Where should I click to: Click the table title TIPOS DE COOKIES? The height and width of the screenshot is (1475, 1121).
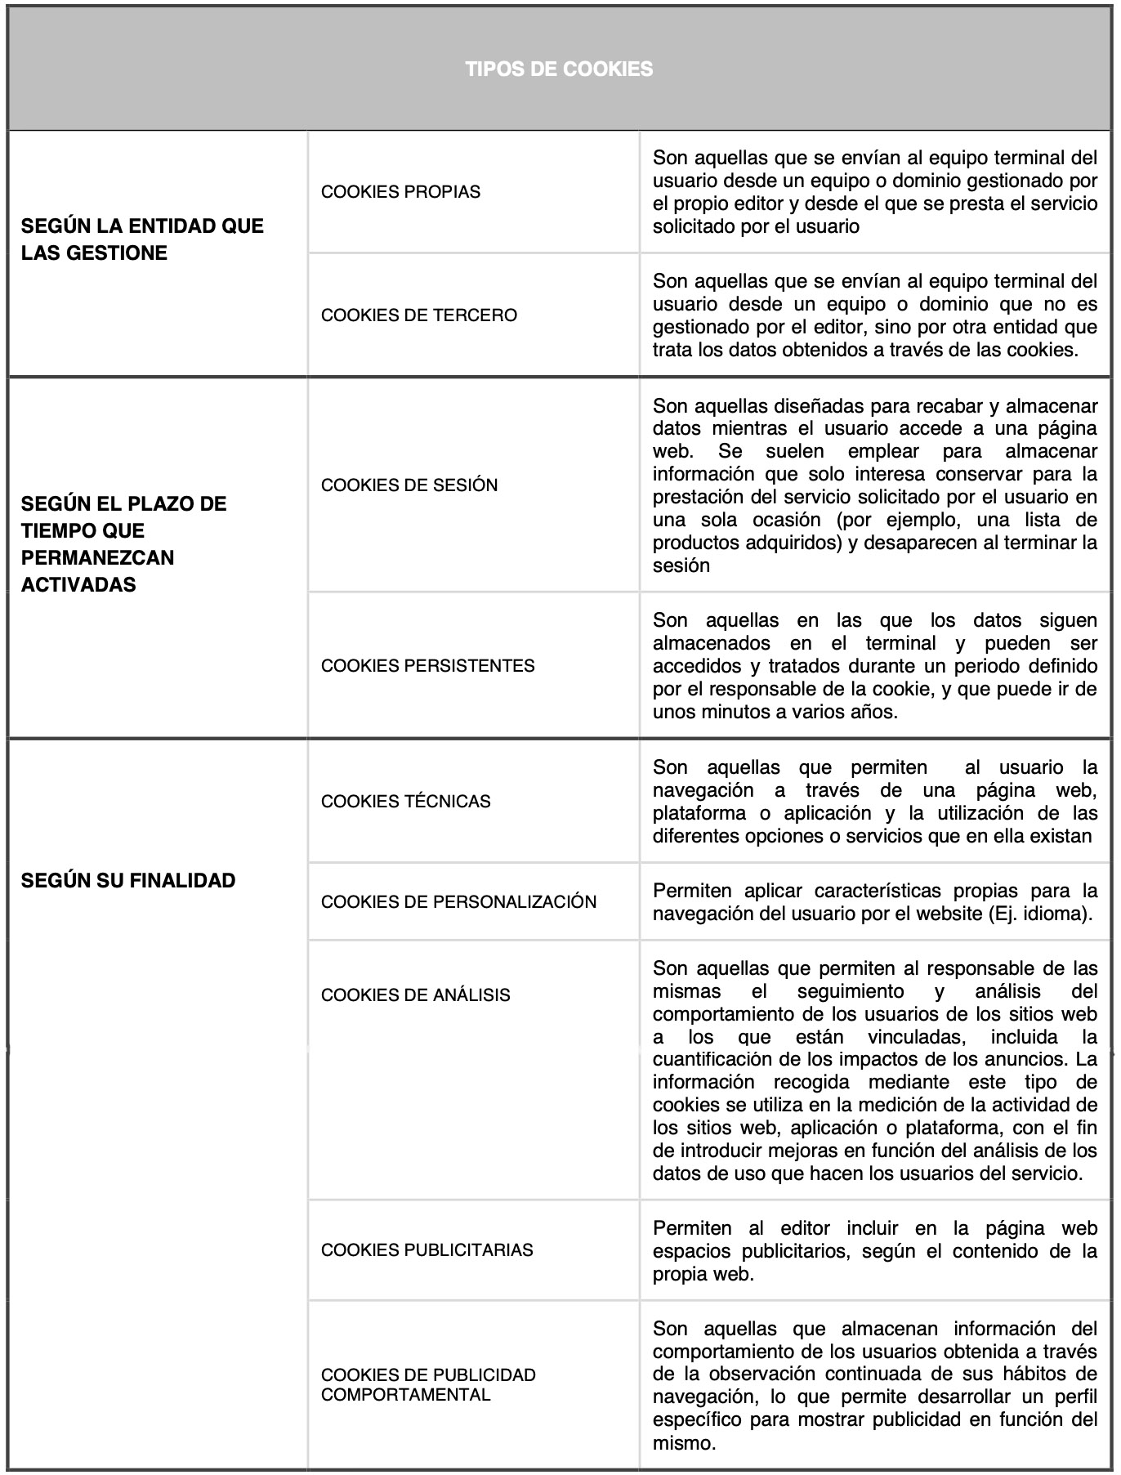pyautogui.click(x=559, y=69)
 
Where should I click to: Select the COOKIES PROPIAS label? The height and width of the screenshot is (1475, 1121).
pyautogui.click(x=400, y=192)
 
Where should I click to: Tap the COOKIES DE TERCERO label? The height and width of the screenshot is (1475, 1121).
pyautogui.click(x=418, y=315)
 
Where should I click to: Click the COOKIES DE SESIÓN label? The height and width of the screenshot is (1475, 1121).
pyautogui.click(x=409, y=485)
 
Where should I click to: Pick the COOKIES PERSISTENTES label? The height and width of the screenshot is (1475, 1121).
pyautogui.click(x=427, y=666)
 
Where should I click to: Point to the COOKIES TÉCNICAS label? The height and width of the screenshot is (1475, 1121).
pyautogui.click(x=405, y=802)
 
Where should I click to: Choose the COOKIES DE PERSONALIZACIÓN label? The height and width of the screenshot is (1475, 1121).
pyautogui.click(x=458, y=902)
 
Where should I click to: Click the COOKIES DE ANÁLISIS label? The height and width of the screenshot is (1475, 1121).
pyautogui.click(x=415, y=995)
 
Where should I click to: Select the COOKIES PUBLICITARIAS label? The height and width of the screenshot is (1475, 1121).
pyautogui.click(x=427, y=1250)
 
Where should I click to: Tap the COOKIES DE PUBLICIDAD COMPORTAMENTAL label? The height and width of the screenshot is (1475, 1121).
pyautogui.click(x=428, y=1385)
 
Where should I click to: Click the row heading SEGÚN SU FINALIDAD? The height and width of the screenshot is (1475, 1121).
pyautogui.click(x=128, y=881)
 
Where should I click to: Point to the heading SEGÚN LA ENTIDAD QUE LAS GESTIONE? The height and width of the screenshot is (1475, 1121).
pyautogui.click(x=142, y=239)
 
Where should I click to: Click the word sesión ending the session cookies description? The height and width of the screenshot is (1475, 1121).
pyautogui.click(x=681, y=565)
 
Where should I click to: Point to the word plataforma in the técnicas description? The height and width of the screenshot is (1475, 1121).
pyautogui.click(x=699, y=814)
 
